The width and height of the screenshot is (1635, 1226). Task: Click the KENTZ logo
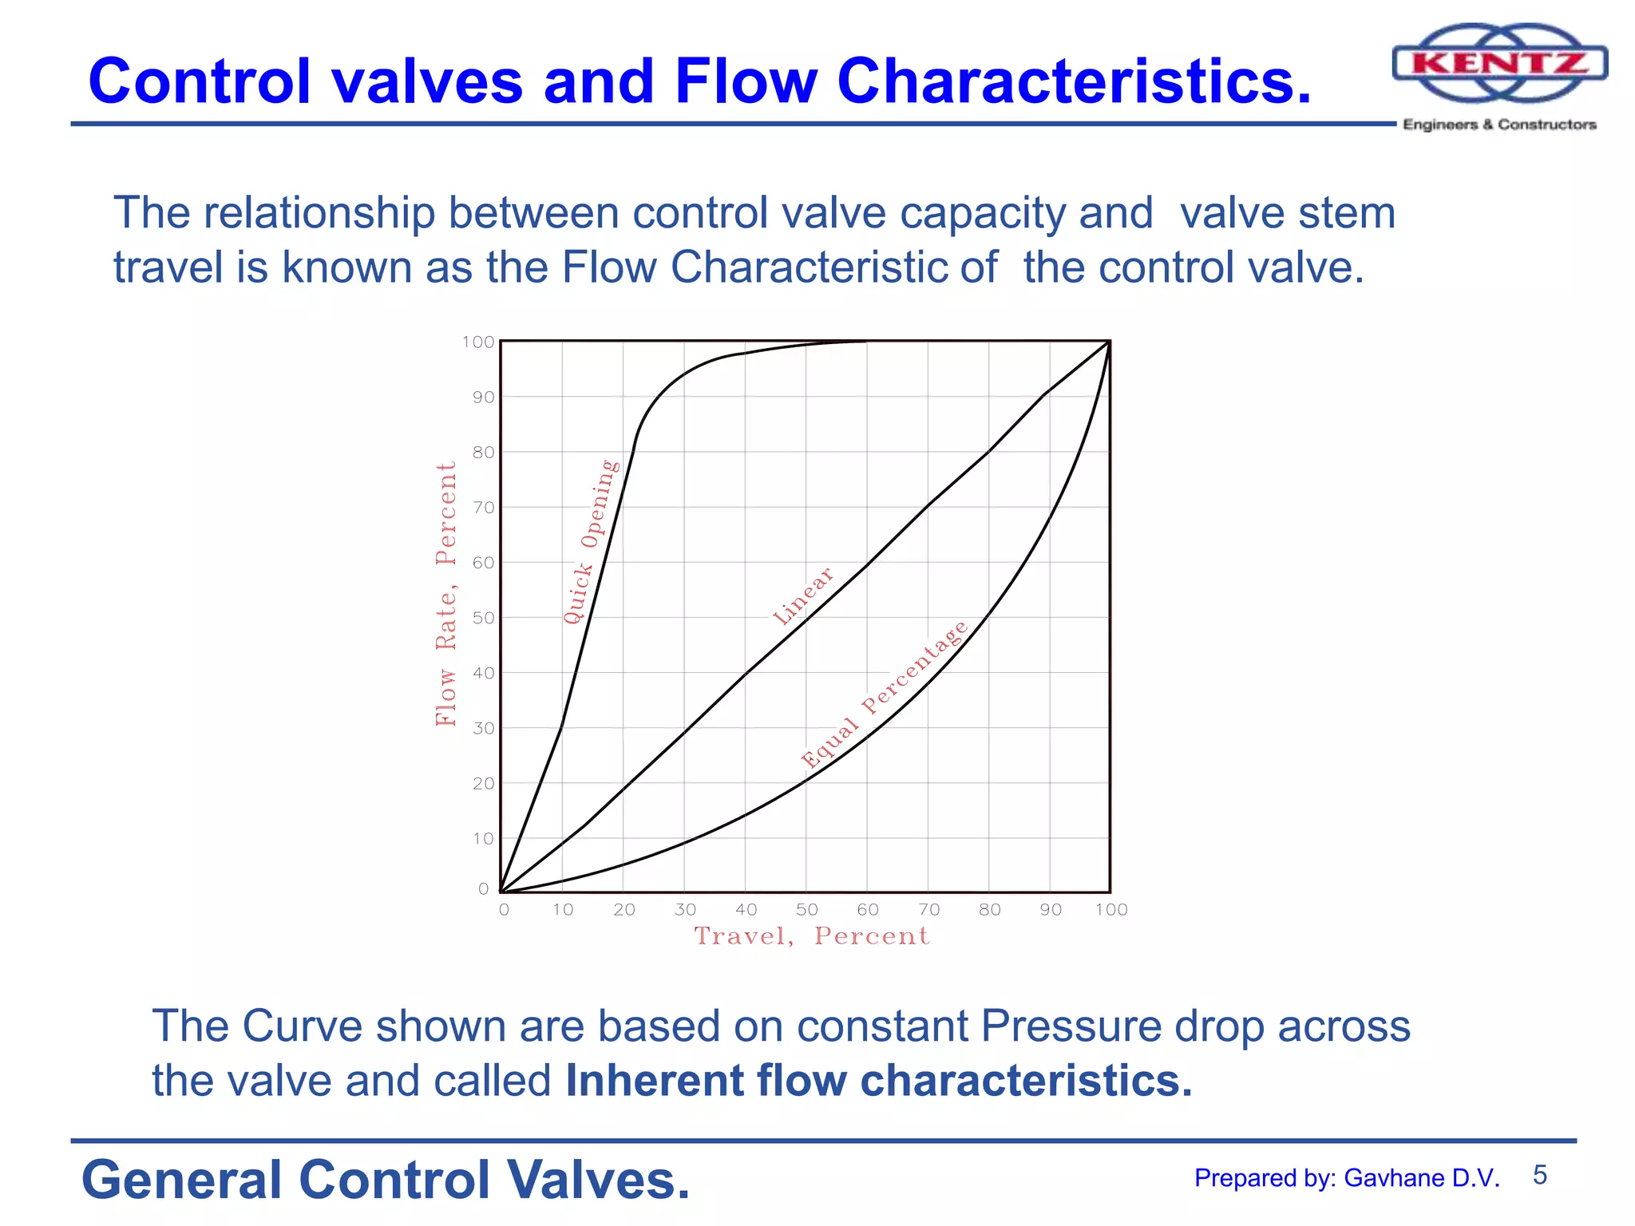coord(1499,64)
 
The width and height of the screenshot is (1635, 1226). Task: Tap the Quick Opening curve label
coord(590,542)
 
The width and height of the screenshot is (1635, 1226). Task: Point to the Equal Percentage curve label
coord(884,694)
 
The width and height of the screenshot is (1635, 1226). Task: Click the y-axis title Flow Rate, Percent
coord(446,594)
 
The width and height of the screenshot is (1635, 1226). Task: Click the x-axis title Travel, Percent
coord(812,936)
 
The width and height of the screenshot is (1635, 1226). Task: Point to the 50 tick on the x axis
coord(806,910)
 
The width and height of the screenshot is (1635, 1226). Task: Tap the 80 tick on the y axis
coord(483,453)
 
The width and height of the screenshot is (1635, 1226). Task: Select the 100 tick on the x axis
coord(1110,910)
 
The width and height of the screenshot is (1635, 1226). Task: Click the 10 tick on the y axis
coord(483,839)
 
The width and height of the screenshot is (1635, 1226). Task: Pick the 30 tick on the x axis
coord(685,910)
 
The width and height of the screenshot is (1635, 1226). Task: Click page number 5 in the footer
coord(1540,1175)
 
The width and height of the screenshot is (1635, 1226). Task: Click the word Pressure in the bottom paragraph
coord(1071,1026)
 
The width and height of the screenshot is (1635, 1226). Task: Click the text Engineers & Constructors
coord(1499,125)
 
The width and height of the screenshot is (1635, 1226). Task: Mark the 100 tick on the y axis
coord(478,342)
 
